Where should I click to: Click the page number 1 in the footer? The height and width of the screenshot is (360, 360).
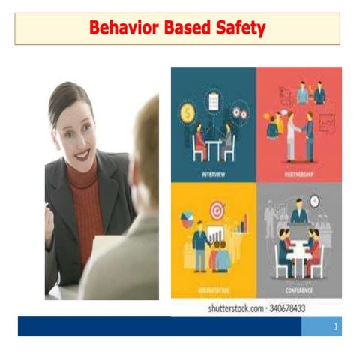(336, 326)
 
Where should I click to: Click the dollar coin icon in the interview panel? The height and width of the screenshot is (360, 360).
(187, 114)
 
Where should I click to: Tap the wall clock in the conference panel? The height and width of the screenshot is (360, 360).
(315, 200)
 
